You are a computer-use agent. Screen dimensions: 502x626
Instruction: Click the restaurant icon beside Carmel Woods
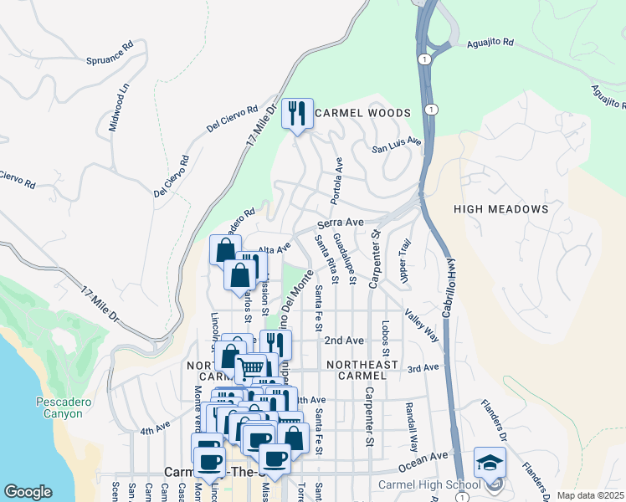(x=297, y=113)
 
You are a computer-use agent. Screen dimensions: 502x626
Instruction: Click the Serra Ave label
(x=340, y=224)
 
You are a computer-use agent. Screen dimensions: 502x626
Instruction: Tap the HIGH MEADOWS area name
(x=501, y=209)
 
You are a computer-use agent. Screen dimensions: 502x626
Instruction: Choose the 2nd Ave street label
(x=344, y=341)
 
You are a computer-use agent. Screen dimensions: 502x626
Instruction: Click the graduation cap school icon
(x=490, y=462)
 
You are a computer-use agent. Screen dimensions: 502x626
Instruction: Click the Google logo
(x=28, y=492)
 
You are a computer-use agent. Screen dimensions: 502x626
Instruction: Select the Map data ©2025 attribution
(x=590, y=495)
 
